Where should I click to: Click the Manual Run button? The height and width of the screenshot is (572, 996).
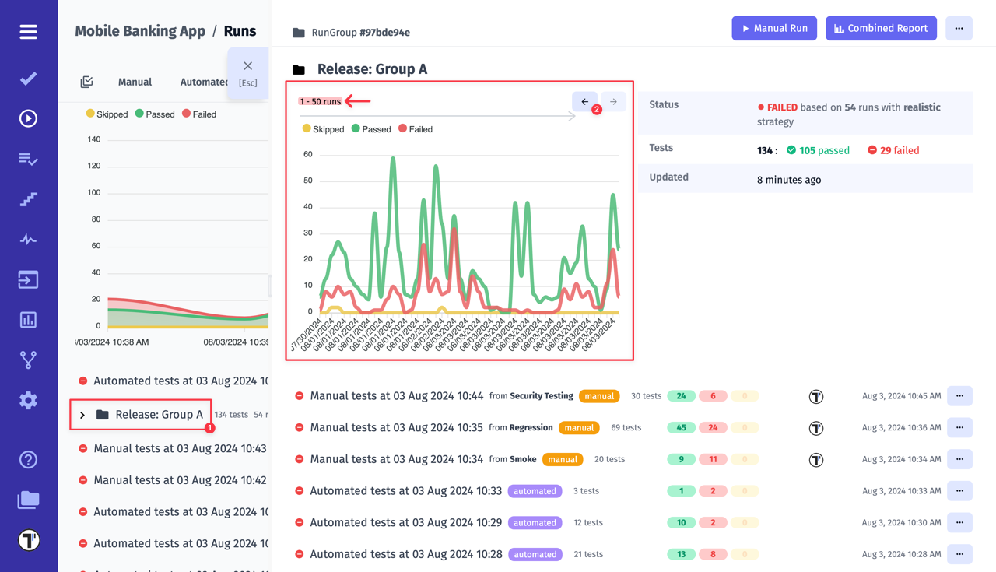[x=774, y=28]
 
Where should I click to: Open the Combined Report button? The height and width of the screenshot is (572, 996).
[x=881, y=28]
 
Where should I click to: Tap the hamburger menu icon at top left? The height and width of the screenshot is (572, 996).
[x=29, y=32]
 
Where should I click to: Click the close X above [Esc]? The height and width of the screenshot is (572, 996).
[x=247, y=66]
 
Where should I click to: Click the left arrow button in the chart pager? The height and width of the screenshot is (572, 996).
[x=585, y=102]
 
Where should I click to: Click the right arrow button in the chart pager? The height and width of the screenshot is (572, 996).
[x=613, y=102]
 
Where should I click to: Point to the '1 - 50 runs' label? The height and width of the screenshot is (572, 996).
[x=320, y=101]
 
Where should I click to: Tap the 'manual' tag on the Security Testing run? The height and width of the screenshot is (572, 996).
[x=599, y=396]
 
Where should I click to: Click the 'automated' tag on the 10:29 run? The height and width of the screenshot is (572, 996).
[x=535, y=523]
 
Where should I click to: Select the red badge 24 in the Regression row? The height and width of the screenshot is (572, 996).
[x=713, y=428]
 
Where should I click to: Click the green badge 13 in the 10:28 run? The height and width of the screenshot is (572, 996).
[x=681, y=555]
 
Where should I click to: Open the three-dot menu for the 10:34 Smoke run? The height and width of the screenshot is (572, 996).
[x=959, y=459]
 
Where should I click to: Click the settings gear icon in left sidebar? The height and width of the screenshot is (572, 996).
[x=29, y=400]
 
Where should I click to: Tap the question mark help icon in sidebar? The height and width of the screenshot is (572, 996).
[x=29, y=460]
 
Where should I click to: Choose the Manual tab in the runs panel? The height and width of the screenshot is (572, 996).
[x=135, y=82]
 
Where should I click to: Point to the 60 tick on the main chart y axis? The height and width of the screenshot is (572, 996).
[x=308, y=154]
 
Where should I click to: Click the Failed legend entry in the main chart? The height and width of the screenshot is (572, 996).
[x=416, y=129]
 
